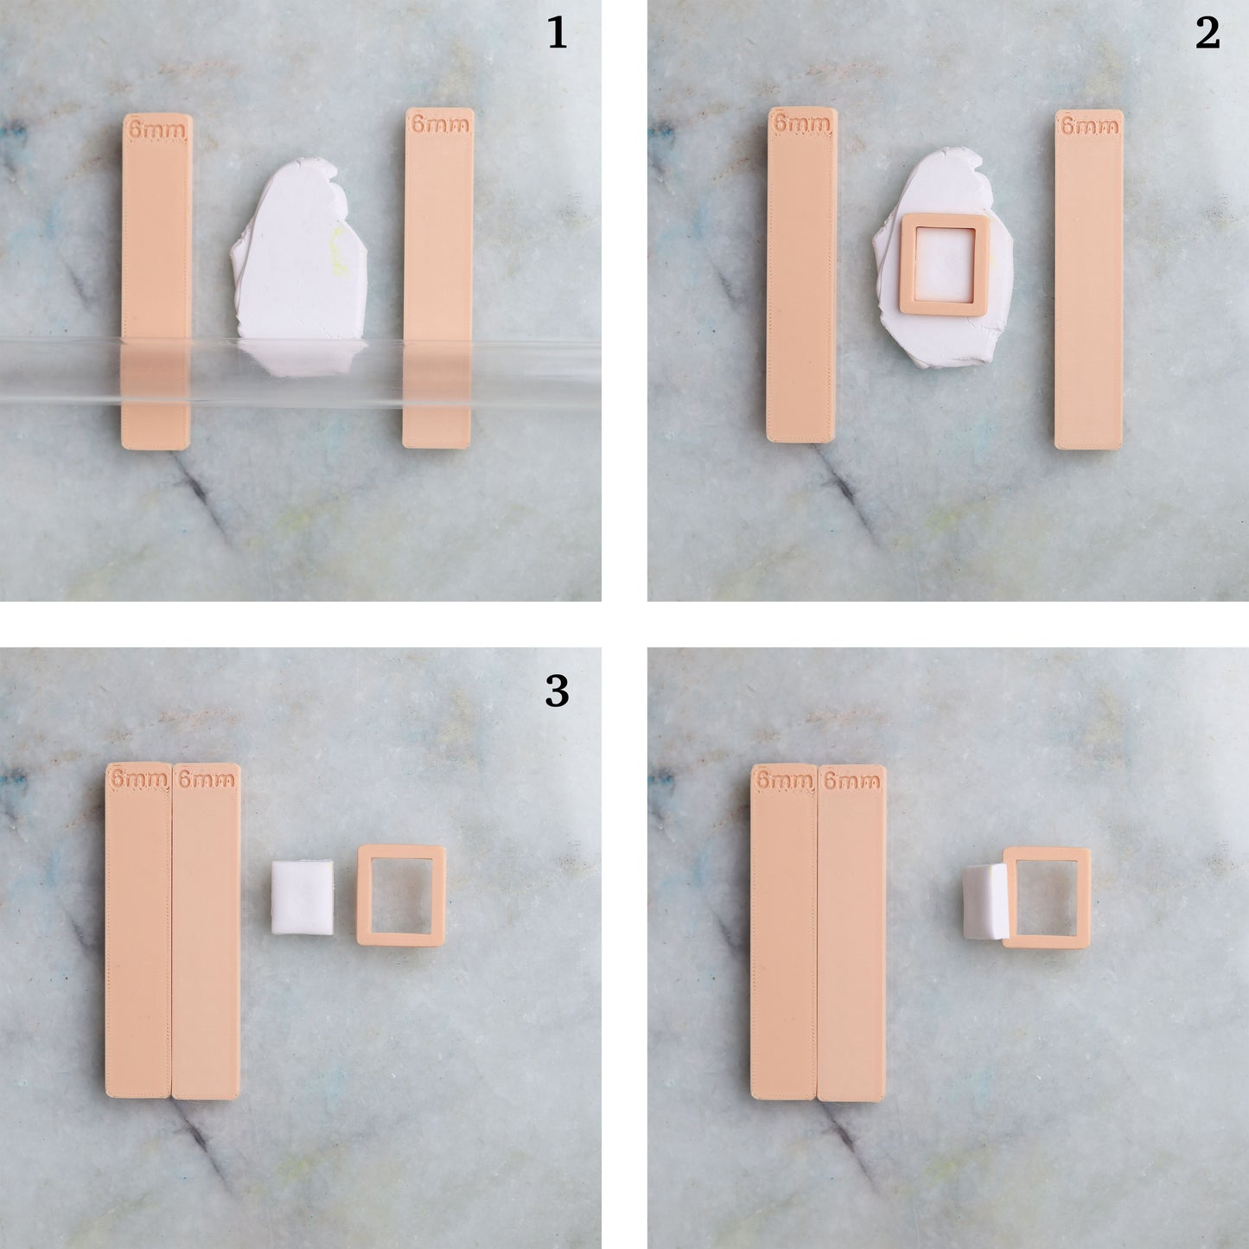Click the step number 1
point(558,34)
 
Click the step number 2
point(1208,34)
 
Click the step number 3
point(557,691)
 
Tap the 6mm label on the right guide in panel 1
point(439,124)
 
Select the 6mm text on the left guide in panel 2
point(801,124)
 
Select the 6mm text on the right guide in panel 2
point(1089,126)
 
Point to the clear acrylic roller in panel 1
point(303,372)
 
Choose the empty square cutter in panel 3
point(400,895)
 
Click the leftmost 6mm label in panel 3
point(138,780)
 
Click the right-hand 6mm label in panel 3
point(206,780)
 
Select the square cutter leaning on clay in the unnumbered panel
point(1046,897)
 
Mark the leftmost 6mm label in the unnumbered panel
point(784,781)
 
